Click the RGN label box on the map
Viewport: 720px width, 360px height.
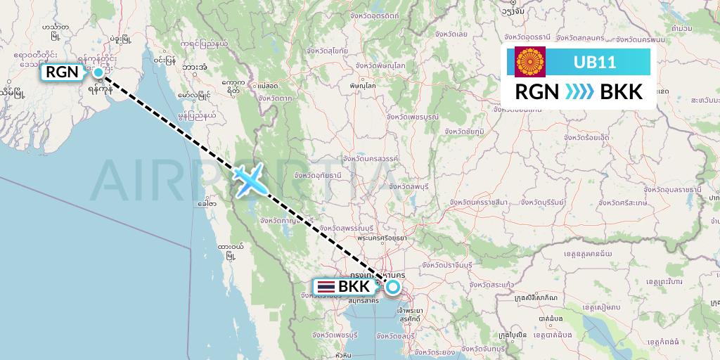pyautogui.click(x=62, y=72)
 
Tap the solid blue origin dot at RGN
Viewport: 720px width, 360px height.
pyautogui.click(x=98, y=72)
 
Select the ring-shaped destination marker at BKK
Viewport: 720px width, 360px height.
pyautogui.click(x=392, y=286)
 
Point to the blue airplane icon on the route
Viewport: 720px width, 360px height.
pyautogui.click(x=248, y=179)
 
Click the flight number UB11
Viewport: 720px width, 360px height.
pyautogui.click(x=595, y=63)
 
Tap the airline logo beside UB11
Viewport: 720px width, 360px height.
pyautogui.click(x=530, y=63)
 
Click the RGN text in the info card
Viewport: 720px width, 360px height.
pyautogui.click(x=538, y=91)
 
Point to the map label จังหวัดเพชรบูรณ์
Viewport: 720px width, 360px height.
pyautogui.click(x=413, y=116)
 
